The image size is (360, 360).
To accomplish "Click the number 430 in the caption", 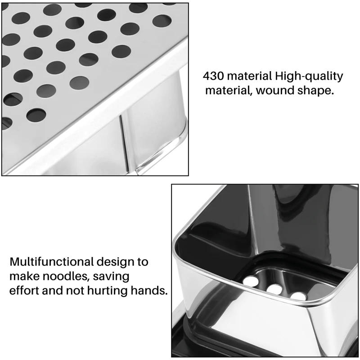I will [214, 76].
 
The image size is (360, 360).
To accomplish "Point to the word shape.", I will [316, 90].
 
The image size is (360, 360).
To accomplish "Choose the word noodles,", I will [63, 276].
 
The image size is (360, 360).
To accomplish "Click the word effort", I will [25, 290].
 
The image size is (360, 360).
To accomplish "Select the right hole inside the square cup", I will [297, 296].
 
